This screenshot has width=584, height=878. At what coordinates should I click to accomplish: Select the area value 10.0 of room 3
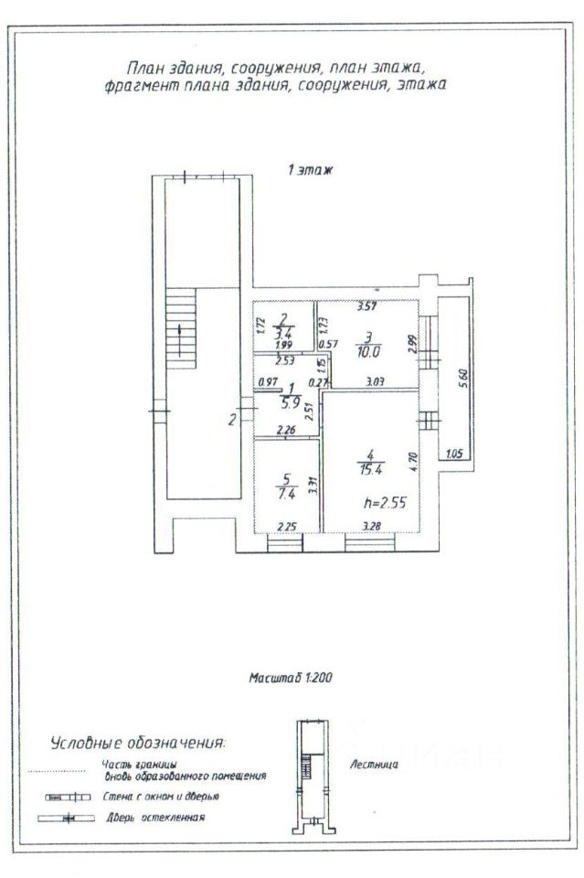[366, 348]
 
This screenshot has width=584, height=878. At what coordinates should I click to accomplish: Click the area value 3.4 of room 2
[283, 333]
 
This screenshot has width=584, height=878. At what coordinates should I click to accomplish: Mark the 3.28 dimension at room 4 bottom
[371, 526]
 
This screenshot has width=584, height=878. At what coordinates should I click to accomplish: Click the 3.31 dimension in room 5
[313, 487]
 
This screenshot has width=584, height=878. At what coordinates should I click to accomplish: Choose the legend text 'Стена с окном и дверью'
[161, 797]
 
